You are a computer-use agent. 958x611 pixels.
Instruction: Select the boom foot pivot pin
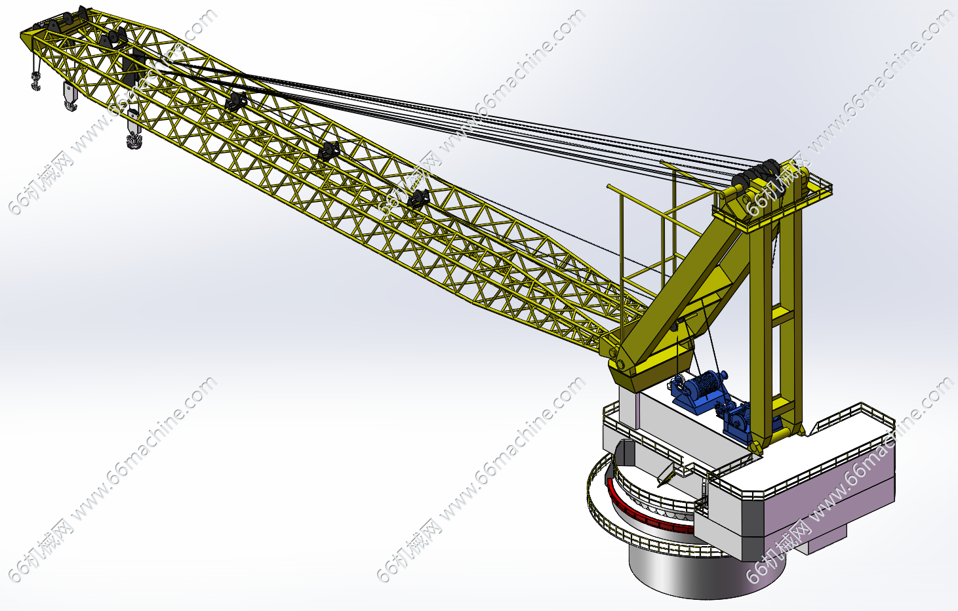tap(620, 365)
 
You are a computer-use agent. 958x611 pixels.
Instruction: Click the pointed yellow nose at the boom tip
tap(26, 39)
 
